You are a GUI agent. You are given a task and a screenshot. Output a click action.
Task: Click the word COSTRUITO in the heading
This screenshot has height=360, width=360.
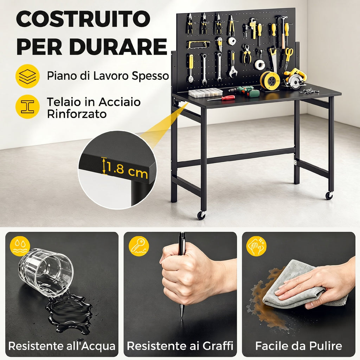click(83, 19)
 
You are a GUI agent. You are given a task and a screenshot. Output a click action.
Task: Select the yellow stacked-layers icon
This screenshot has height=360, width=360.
click(27, 76)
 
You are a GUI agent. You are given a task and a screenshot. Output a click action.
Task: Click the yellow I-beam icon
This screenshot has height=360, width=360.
click(27, 107)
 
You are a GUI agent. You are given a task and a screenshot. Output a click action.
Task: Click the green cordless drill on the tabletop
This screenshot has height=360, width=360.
click(245, 91)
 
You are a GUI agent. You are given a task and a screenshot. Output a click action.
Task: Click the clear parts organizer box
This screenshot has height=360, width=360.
click(206, 92)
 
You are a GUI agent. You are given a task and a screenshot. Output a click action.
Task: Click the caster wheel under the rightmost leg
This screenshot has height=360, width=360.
click(329, 195)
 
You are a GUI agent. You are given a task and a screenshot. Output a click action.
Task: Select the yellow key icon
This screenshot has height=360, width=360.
click(139, 246)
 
